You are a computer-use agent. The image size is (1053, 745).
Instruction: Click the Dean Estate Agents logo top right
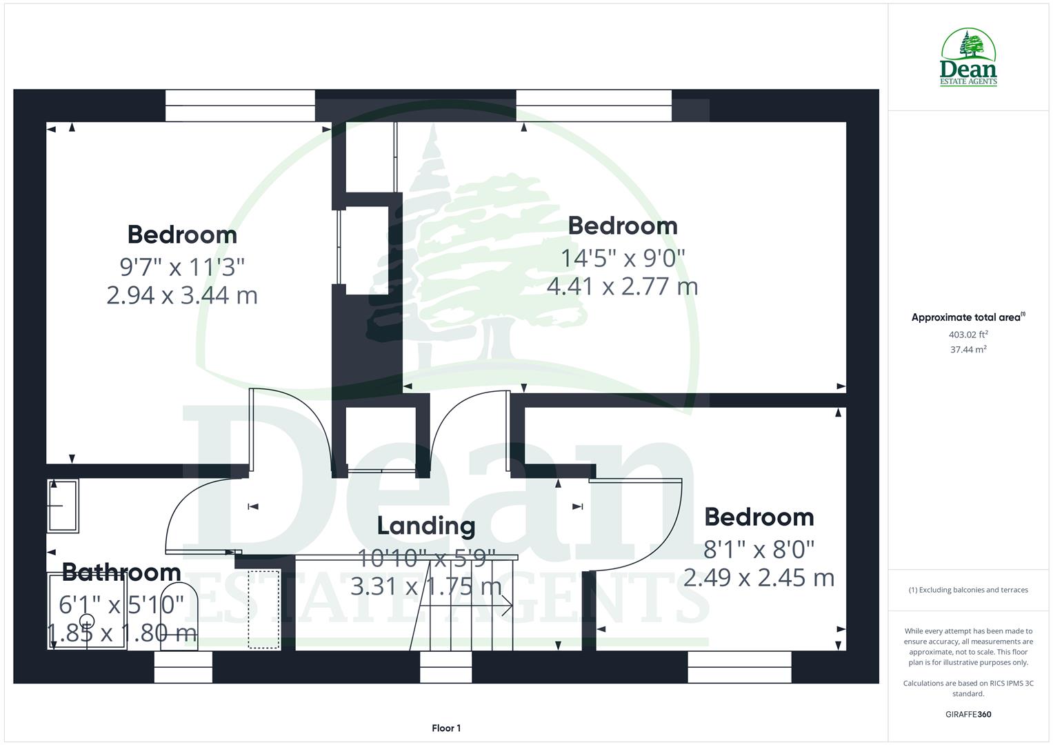coord(968,58)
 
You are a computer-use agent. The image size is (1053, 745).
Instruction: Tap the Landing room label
coord(425,526)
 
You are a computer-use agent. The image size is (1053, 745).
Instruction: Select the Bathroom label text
coord(121,572)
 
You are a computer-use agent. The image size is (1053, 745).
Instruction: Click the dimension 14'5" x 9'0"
coord(622,258)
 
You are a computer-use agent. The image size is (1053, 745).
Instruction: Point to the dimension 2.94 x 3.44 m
coord(182,295)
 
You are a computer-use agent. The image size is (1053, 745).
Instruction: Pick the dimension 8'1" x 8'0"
coord(759,550)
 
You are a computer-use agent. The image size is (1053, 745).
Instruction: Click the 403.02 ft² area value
coord(968,335)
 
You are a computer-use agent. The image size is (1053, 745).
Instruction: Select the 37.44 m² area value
coord(968,350)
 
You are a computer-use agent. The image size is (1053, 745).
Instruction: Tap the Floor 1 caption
coord(446,728)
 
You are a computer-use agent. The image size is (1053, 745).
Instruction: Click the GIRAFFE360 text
coord(968,714)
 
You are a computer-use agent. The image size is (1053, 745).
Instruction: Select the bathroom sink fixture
coord(63,506)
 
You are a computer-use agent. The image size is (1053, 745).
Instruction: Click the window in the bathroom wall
coord(183,667)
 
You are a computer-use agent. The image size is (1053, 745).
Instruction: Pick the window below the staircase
coord(445,667)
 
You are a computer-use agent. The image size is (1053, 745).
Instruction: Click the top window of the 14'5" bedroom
coord(593,106)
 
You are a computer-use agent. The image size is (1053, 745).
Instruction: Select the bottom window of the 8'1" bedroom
coord(739,667)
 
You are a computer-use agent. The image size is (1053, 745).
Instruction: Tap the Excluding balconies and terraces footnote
coord(968,590)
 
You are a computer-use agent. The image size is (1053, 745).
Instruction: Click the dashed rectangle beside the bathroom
coord(264,609)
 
